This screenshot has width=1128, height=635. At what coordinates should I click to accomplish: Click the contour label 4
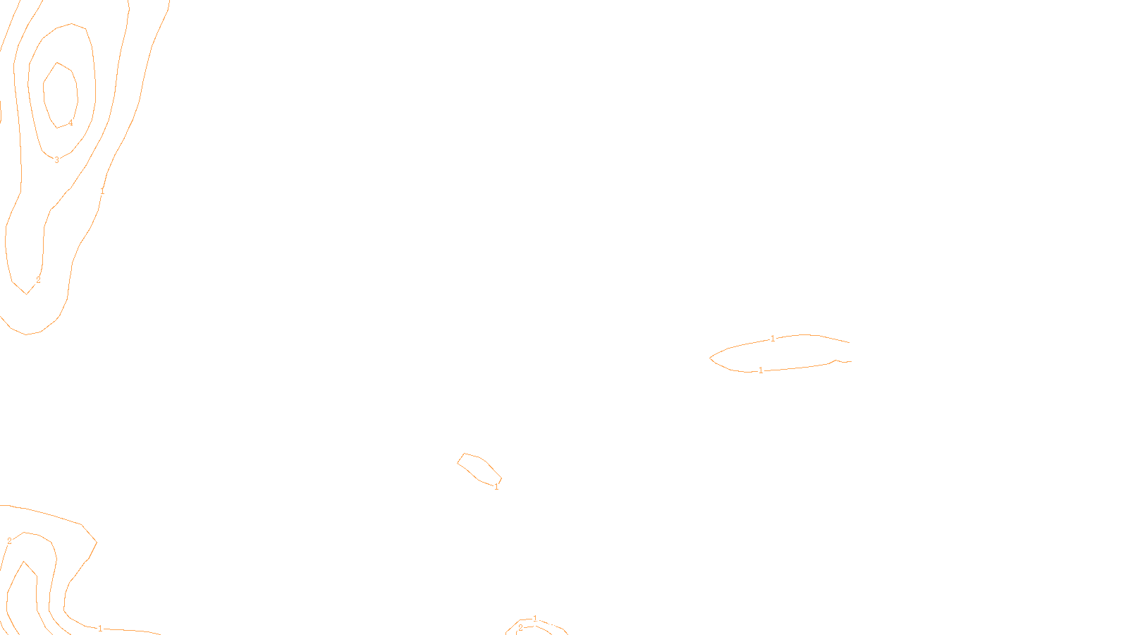tap(70, 123)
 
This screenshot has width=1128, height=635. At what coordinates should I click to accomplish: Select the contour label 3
tap(57, 160)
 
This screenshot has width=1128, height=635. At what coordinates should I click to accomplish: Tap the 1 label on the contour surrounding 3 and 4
tap(102, 191)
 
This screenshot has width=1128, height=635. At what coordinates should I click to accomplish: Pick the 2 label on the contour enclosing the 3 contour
tap(38, 280)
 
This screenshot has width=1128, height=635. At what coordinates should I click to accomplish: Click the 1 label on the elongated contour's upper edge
tap(773, 339)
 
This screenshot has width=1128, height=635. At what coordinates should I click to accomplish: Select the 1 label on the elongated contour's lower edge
tap(761, 370)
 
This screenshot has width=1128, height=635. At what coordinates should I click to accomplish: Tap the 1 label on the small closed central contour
tap(496, 487)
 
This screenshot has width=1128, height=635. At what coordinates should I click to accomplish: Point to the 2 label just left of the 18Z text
tap(521, 628)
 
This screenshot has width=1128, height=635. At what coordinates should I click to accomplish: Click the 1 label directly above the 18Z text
tap(535, 618)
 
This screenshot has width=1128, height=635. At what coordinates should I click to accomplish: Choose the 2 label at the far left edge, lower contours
tap(9, 541)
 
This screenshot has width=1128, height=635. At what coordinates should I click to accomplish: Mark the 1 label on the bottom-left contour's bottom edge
tap(100, 628)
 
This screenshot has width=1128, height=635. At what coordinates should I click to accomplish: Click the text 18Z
tap(535, 624)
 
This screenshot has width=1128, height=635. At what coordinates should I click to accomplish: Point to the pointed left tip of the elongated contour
tap(710, 358)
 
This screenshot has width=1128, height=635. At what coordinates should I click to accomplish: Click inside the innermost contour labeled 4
tap(60, 92)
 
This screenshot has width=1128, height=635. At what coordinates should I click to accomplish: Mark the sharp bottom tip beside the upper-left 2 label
tap(27, 294)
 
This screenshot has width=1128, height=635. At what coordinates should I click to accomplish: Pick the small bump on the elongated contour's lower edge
tap(836, 361)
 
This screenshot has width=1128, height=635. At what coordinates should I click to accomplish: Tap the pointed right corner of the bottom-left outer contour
tap(97, 542)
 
